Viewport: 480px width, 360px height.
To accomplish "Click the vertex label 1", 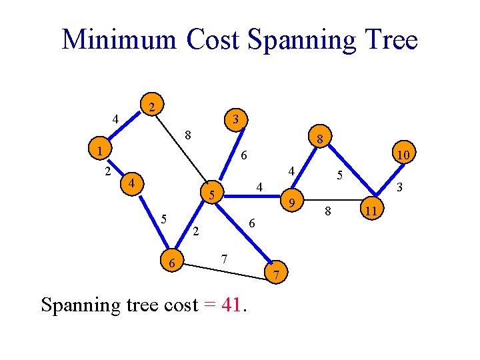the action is coord(99,151).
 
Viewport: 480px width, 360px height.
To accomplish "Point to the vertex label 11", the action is coord(373,211).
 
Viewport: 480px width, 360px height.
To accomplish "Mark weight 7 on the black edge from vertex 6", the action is coord(225,258).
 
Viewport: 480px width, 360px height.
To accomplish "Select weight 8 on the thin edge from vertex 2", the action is coord(189,135).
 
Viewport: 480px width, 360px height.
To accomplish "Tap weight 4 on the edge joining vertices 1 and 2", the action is coord(115,120).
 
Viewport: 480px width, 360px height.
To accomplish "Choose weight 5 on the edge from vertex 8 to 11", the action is coord(339,175).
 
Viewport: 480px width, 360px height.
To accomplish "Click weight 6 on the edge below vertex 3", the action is coord(244,155).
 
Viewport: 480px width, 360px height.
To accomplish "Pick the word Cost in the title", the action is coord(213,40).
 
